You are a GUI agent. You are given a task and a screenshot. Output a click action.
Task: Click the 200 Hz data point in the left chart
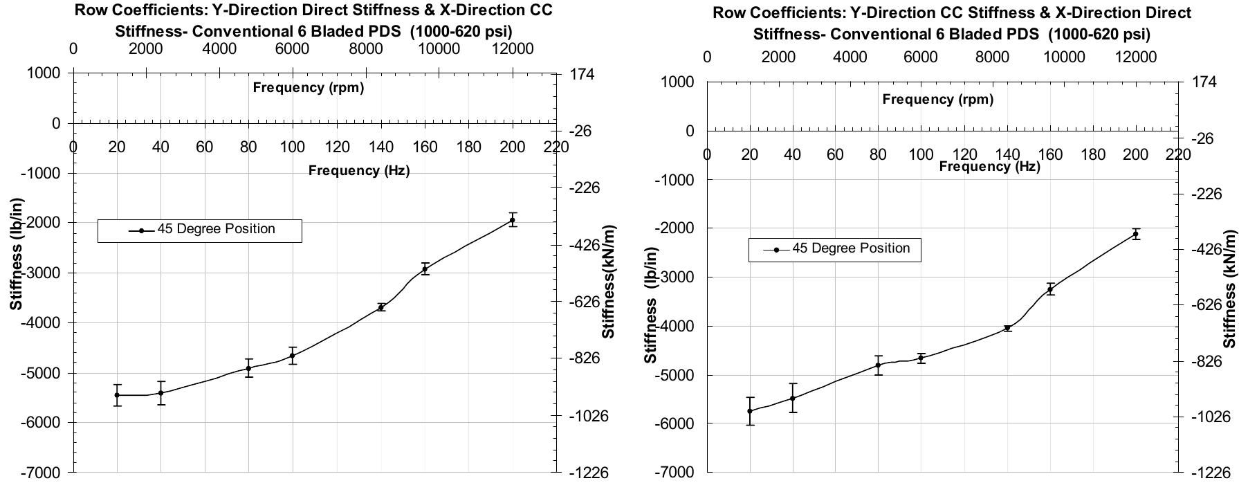[512, 220]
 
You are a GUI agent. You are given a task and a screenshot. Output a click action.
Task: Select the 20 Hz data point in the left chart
[117, 395]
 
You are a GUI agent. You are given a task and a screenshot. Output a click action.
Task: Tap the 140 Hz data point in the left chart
[380, 307]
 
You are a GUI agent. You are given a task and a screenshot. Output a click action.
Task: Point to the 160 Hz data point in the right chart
[1050, 290]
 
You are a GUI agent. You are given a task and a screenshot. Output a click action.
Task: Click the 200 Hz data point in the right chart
[1136, 235]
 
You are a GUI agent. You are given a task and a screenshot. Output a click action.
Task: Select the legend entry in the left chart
[200, 230]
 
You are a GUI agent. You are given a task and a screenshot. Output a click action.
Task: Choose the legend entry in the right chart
[835, 249]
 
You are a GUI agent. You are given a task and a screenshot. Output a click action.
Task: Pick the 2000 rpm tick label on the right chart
[778, 57]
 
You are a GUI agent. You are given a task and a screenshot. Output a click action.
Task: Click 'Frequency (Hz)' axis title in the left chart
[359, 171]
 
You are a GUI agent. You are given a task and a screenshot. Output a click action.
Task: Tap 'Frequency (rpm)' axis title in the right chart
[937, 100]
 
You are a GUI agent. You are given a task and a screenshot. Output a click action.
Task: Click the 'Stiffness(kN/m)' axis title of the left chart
[609, 282]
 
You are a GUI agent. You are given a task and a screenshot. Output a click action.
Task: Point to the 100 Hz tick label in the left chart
[293, 147]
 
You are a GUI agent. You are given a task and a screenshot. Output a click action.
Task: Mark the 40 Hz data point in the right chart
[793, 399]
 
